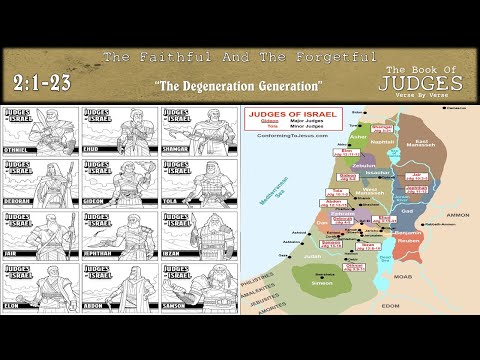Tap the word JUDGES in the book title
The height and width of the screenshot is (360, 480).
click(x=427, y=81)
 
